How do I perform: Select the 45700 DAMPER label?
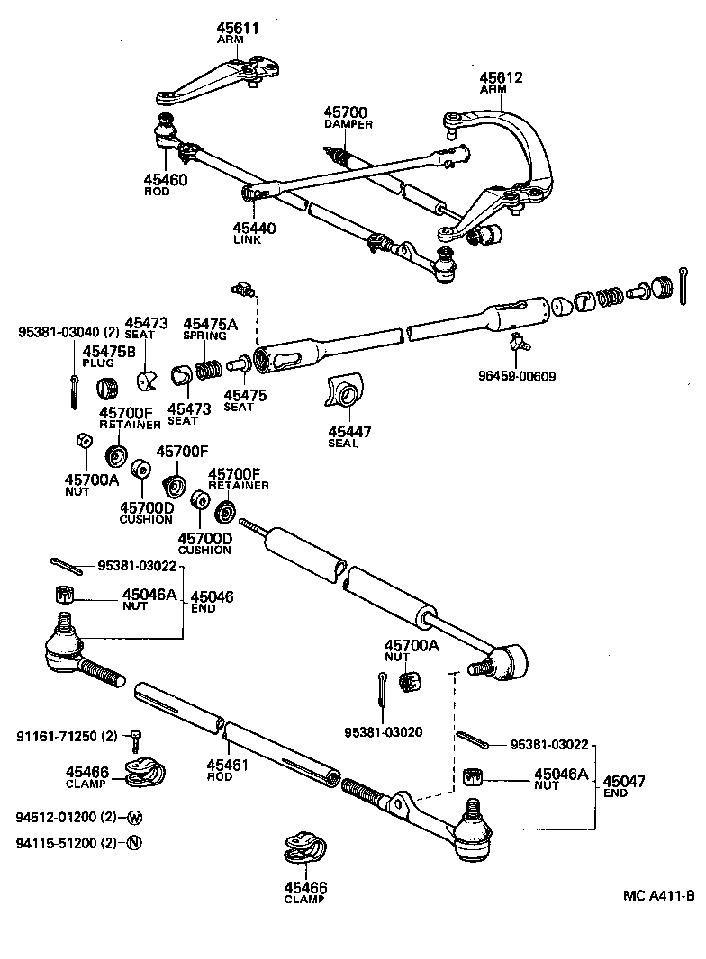(347, 112)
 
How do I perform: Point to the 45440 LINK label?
(254, 229)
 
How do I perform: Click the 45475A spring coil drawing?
(209, 369)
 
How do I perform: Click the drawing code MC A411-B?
(658, 896)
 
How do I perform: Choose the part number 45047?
(625, 781)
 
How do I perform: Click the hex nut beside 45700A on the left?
(80, 441)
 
